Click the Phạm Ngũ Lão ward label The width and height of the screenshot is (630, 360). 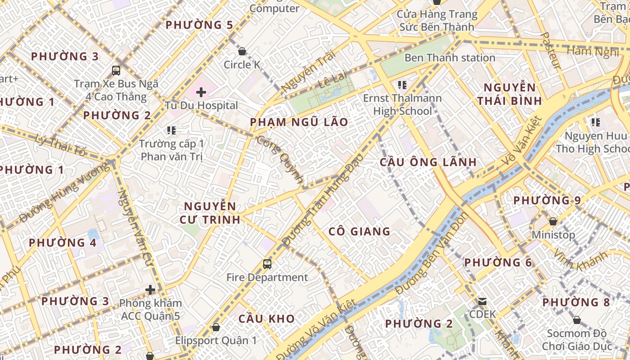coord(299,122)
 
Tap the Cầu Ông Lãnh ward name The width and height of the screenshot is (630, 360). coord(428,162)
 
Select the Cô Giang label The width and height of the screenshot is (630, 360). coord(359,231)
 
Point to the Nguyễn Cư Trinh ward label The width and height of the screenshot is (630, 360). coord(210,213)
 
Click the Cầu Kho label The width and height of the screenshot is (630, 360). coord(266,319)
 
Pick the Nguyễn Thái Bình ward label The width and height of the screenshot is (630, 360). coord(509,94)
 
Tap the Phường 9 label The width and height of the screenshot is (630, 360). coord(547,200)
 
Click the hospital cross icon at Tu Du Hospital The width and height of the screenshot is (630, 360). coord(201,92)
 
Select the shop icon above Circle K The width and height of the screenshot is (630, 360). coord(242,51)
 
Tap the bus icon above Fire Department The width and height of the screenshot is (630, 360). coord(267,264)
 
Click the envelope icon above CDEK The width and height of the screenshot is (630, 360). coord(482,301)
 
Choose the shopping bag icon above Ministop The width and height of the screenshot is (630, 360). coord(553,221)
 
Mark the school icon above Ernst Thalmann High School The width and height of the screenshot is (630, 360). coord(402,85)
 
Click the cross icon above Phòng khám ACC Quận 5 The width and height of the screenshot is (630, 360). coord(150,290)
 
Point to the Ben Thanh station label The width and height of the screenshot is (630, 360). coord(450,58)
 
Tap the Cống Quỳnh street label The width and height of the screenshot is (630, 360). coord(280,159)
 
